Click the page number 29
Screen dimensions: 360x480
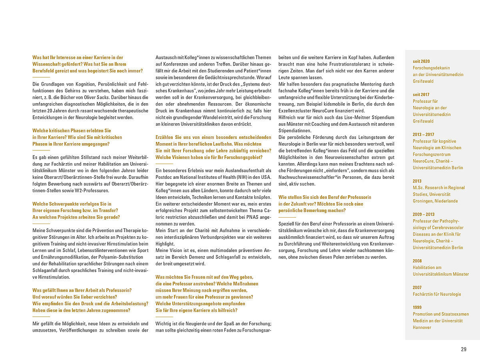click(464, 349)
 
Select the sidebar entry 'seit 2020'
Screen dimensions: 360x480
click(421, 61)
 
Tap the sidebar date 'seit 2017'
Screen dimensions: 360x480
click(421, 94)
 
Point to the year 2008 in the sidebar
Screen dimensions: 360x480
click(417, 261)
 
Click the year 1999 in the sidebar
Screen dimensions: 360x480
click(417, 307)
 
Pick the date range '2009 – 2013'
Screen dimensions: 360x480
click(424, 214)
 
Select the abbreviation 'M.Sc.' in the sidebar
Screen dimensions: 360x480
click(418, 188)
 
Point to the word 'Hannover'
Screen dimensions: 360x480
click(422, 327)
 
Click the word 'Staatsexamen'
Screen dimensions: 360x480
click(456, 314)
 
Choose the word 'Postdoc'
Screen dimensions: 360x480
click(164, 177)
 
